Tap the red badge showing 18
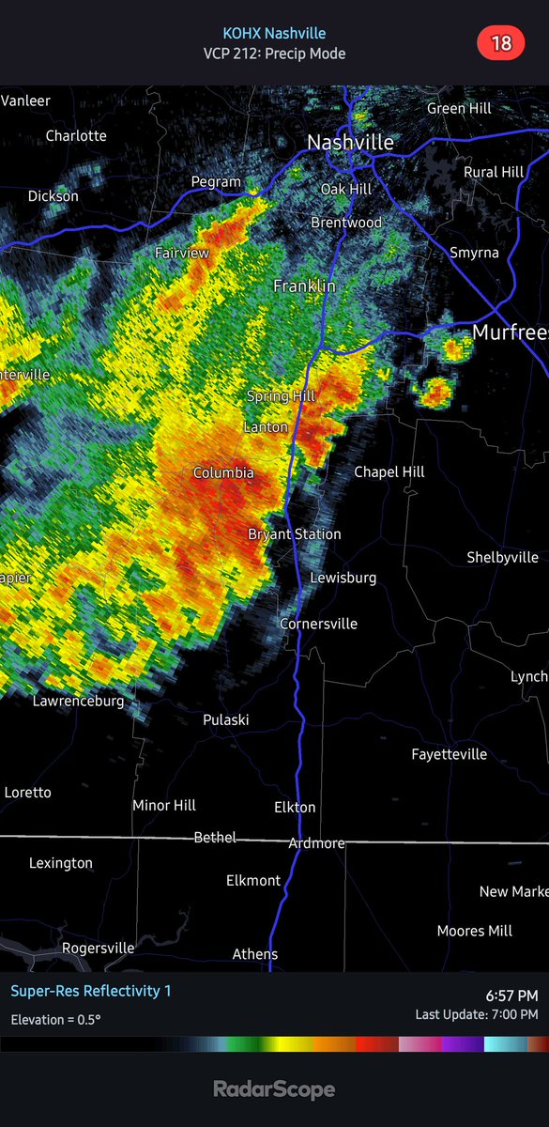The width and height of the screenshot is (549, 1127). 501,42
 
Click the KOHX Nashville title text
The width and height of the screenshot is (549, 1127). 274,33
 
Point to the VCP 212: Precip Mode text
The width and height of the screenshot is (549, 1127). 274,54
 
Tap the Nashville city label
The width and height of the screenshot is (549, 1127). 350,143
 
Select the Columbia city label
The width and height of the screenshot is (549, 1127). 223,473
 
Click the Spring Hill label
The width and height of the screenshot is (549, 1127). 281,396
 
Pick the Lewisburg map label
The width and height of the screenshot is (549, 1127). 343,578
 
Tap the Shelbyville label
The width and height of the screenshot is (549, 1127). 502,557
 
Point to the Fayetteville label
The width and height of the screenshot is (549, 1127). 450,754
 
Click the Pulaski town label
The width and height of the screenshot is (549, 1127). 226,719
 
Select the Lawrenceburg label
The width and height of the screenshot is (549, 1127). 78,701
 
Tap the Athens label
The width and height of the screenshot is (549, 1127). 255,954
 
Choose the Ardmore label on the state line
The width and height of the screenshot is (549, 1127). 316,843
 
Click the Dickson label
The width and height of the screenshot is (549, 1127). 53,196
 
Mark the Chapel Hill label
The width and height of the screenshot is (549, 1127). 389,471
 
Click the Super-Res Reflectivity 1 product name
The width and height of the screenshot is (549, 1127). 91,991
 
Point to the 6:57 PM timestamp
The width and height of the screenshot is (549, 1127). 511,996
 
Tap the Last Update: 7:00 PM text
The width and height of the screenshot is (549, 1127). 477,1014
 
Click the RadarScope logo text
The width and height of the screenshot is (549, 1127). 274,1089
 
